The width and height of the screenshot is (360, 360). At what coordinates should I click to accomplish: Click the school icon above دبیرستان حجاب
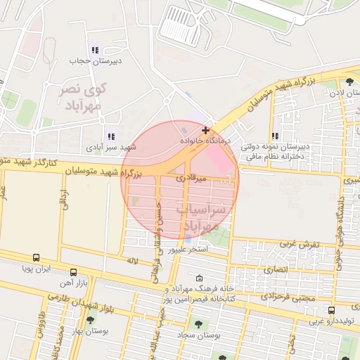click(95, 50)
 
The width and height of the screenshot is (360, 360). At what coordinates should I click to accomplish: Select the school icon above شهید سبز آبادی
click(110, 136)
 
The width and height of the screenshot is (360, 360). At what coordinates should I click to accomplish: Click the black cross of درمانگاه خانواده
click(205, 130)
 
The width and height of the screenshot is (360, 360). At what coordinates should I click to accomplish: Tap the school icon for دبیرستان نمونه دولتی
click(276, 136)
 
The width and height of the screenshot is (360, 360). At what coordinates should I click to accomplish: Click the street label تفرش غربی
click(301, 244)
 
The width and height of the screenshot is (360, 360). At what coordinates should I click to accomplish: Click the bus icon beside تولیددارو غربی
click(331, 310)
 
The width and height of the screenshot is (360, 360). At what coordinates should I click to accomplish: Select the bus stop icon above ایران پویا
click(36, 258)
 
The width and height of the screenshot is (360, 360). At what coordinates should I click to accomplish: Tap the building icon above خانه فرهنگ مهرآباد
click(199, 278)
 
